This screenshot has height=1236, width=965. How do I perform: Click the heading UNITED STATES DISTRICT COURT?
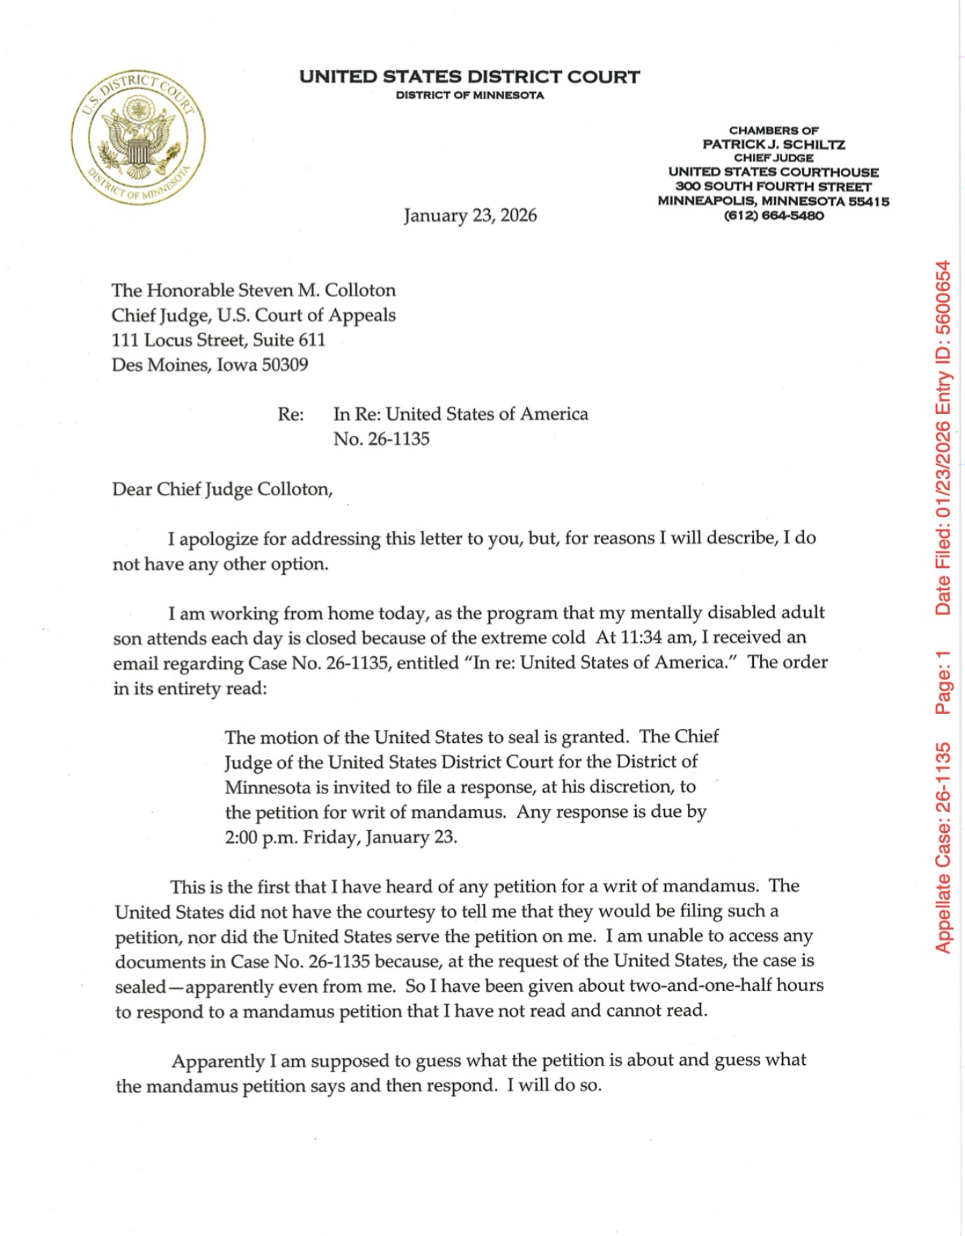(x=469, y=77)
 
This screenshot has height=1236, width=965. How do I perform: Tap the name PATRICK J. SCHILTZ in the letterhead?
(x=773, y=144)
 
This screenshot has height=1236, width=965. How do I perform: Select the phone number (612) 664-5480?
(x=773, y=216)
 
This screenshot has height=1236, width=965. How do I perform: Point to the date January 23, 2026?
(x=470, y=215)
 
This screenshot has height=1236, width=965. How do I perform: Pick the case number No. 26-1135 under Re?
(x=381, y=439)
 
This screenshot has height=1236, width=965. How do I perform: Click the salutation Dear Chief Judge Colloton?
(x=222, y=489)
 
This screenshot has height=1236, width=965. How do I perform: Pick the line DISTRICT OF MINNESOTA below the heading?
(x=469, y=96)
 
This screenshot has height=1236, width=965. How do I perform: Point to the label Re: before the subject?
(x=290, y=414)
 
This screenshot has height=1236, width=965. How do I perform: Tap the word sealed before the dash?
(x=140, y=987)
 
